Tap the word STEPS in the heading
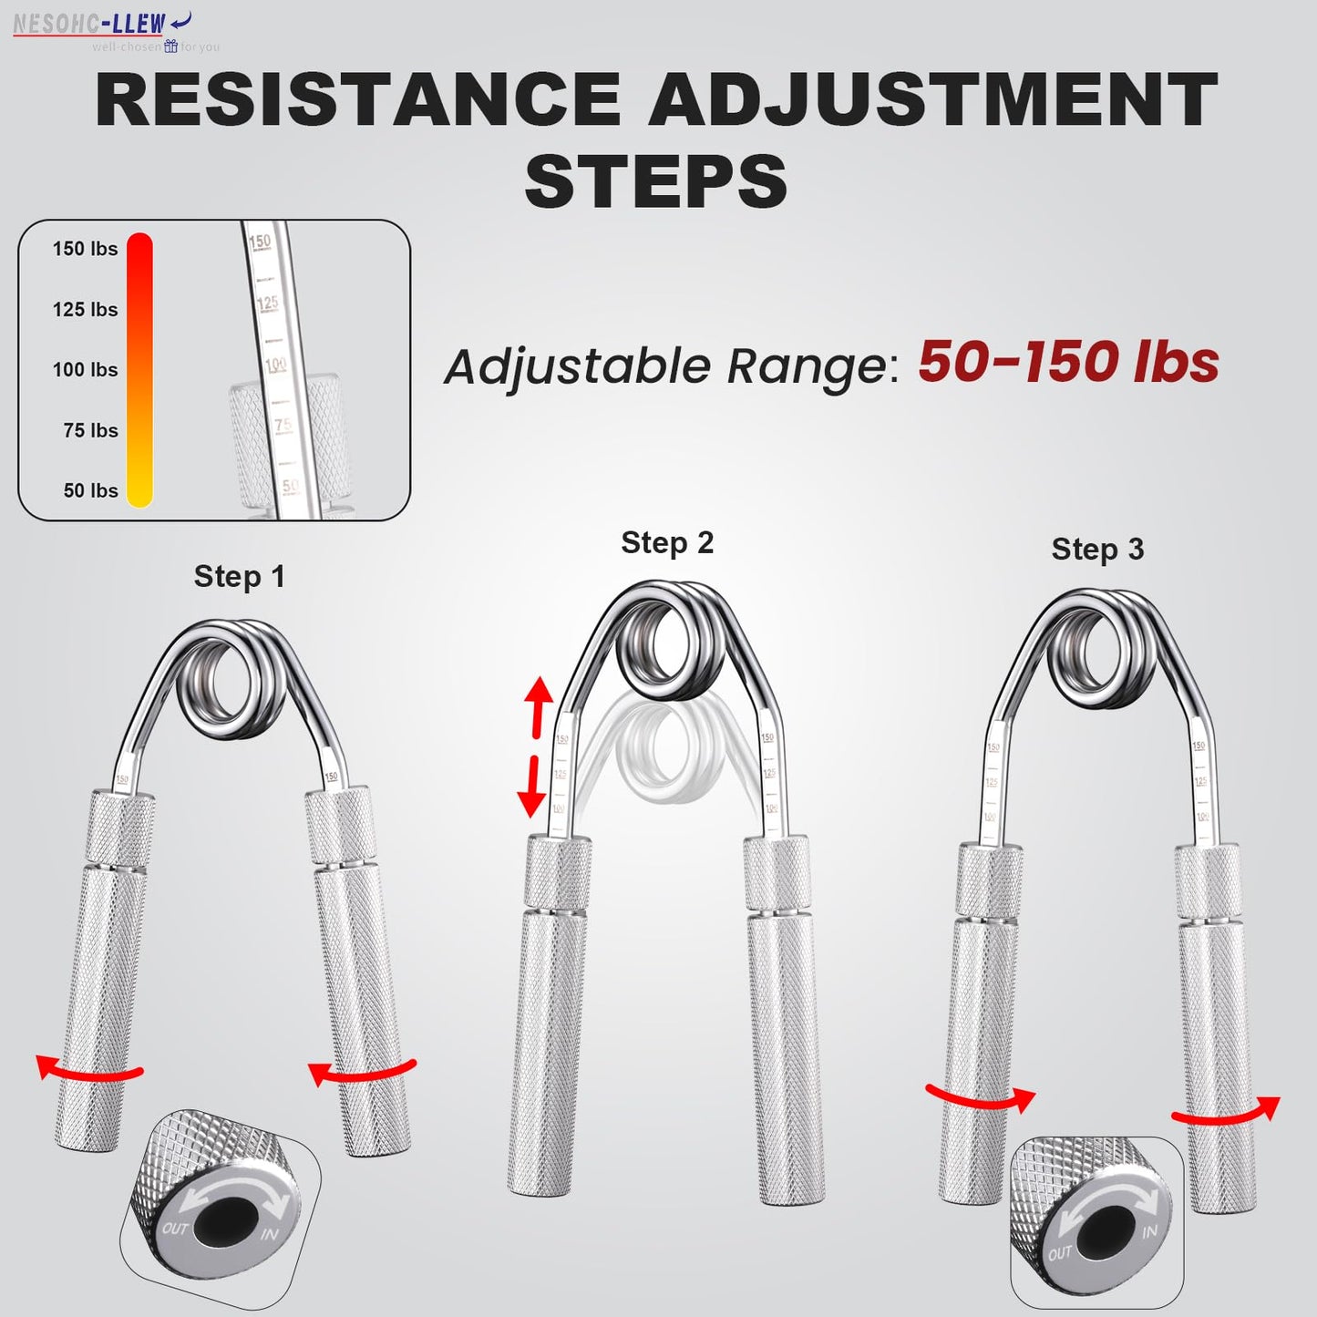(656, 180)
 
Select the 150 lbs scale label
(85, 249)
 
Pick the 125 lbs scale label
(85, 310)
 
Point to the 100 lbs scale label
(85, 370)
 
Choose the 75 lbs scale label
(90, 430)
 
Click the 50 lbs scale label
(90, 490)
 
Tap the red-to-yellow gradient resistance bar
(139, 369)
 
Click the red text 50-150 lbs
(1067, 362)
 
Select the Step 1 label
(240, 576)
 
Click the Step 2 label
(667, 542)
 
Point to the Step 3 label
(1097, 549)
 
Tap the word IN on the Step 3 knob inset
(1148, 1231)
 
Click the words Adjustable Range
(666, 366)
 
